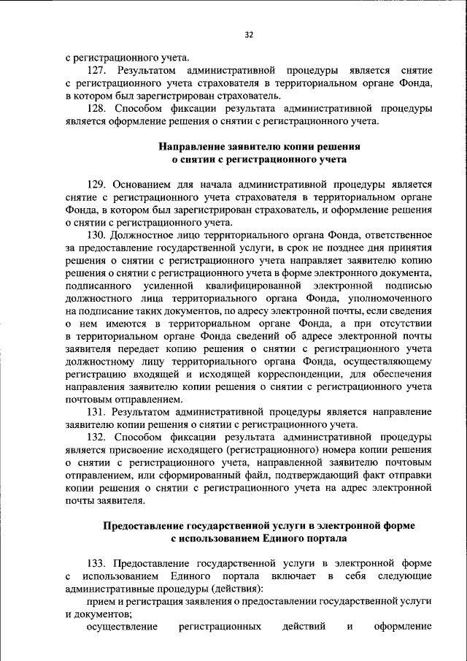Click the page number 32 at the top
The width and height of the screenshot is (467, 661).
(248, 34)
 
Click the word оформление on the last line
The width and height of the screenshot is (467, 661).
(404, 627)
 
